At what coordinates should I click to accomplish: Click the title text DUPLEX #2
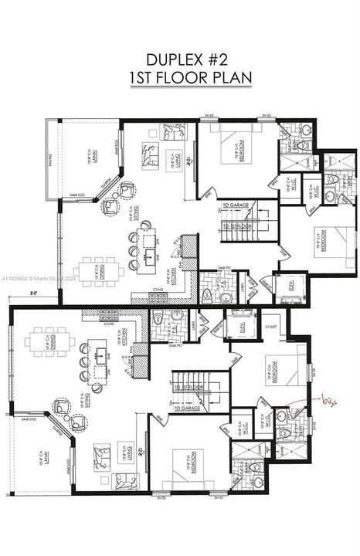[x=180, y=59]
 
